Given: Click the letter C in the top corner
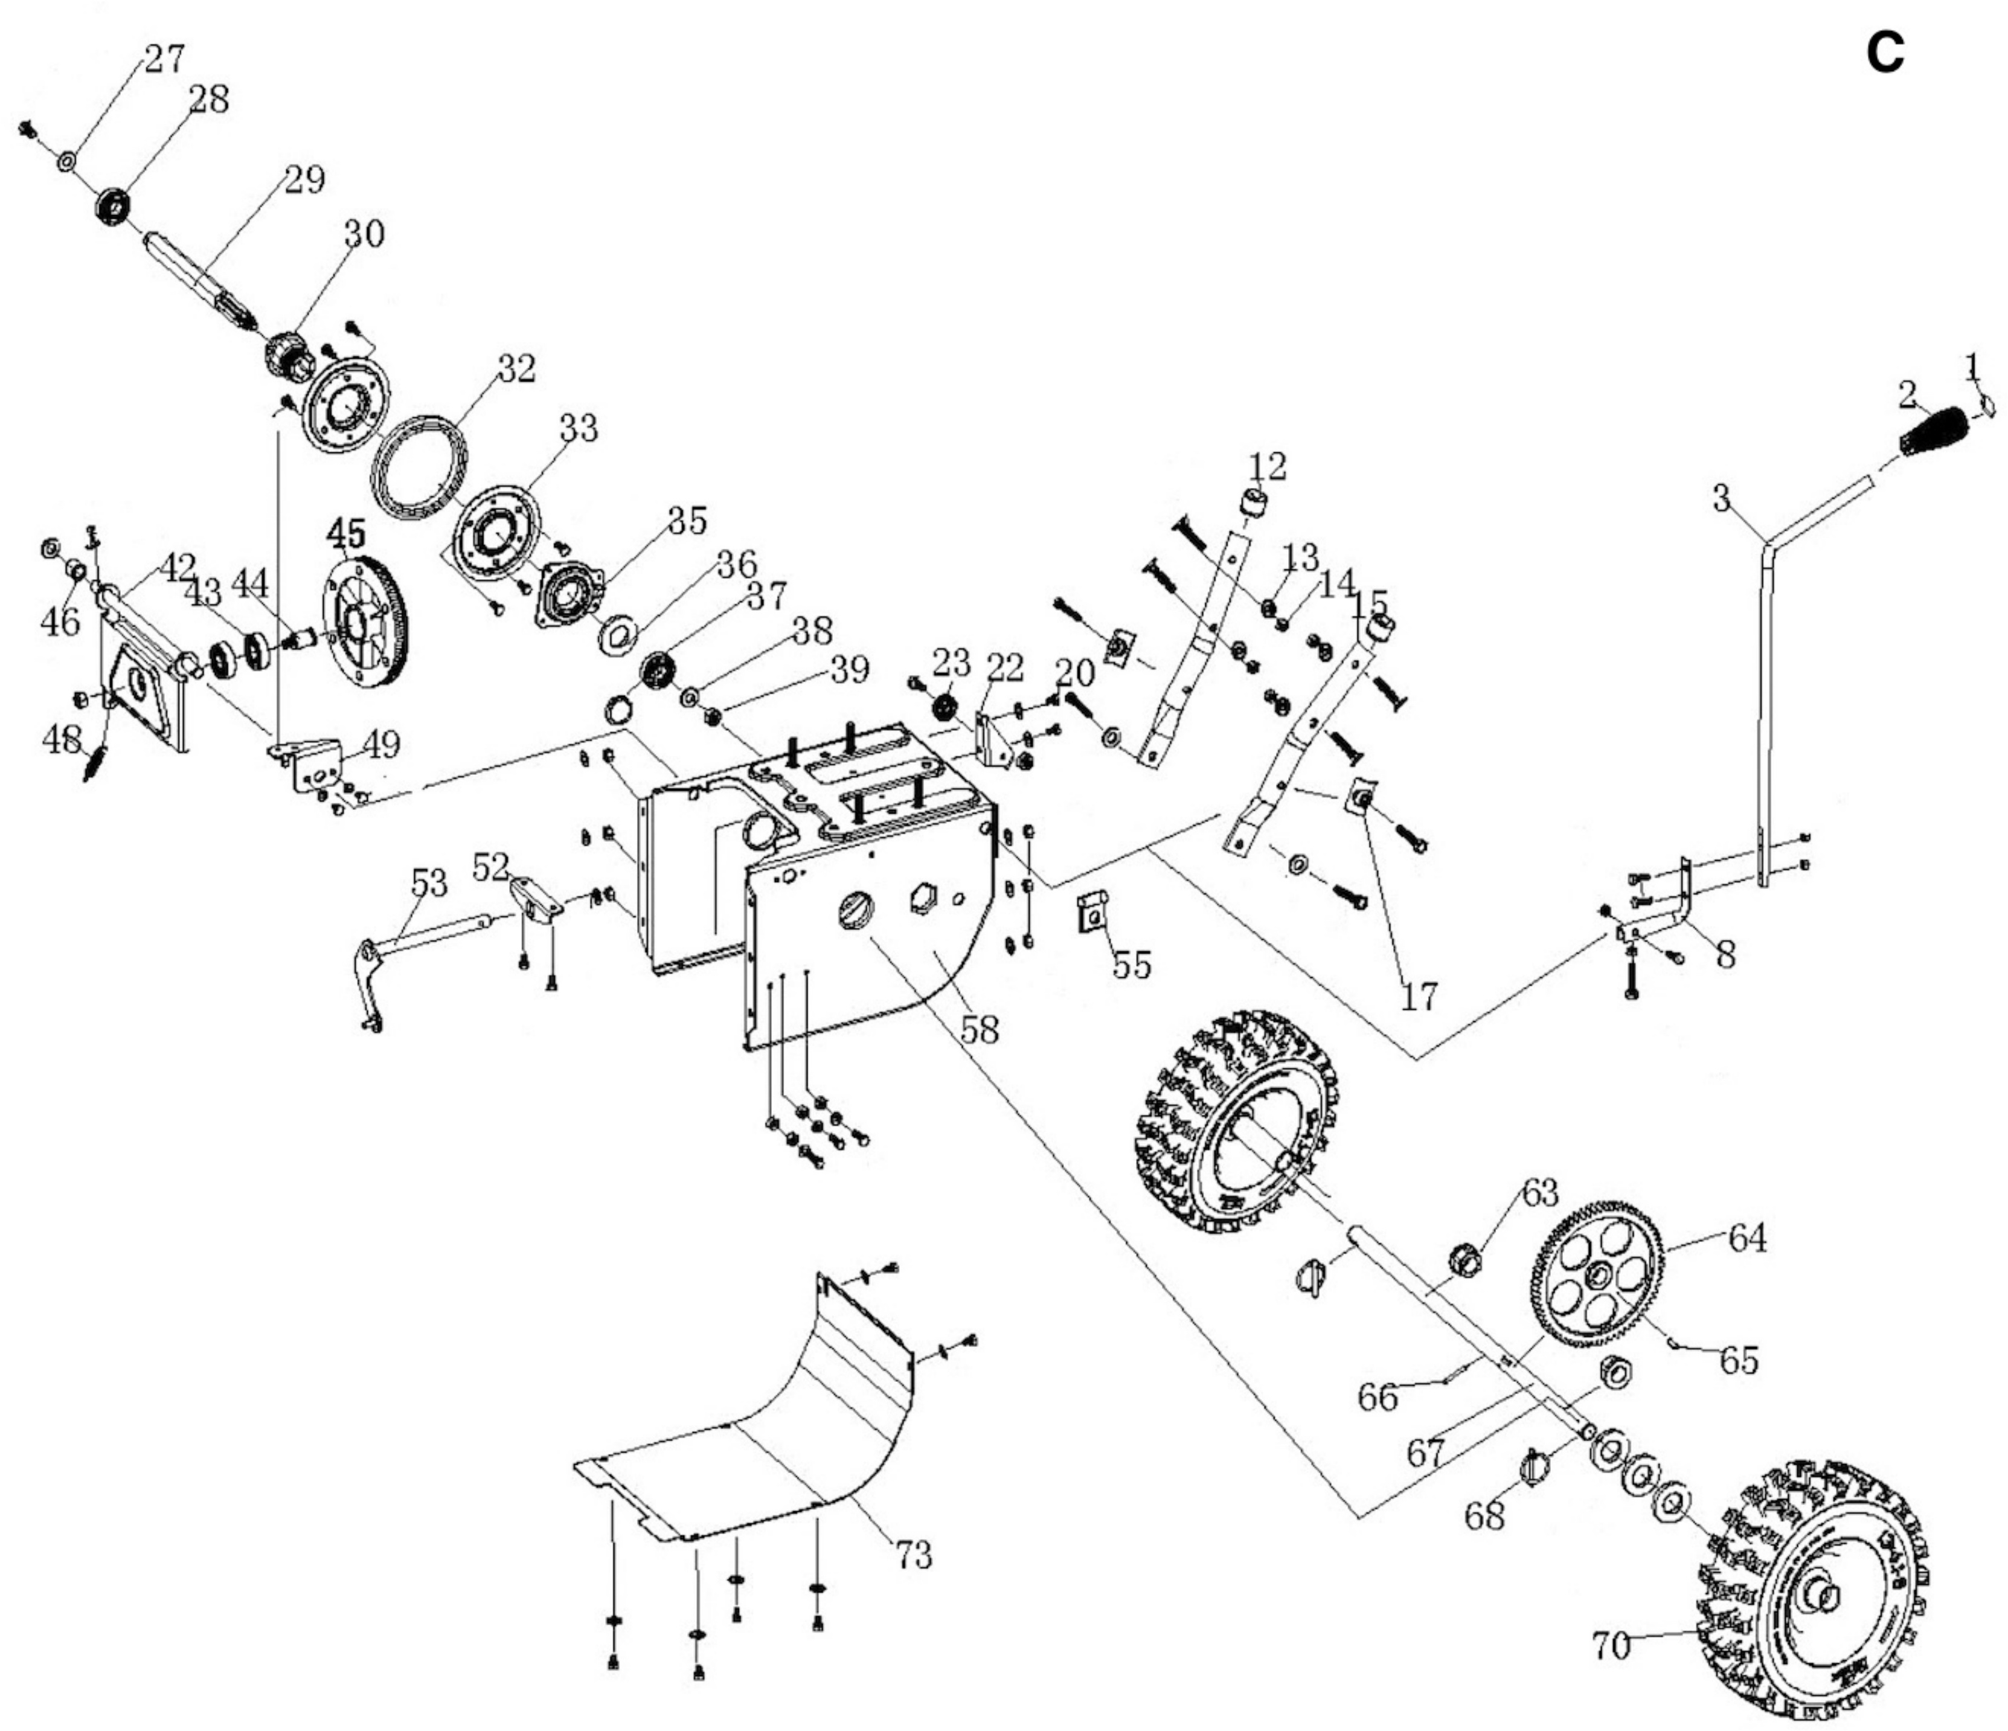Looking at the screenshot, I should [1884, 55].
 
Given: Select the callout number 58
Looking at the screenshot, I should [979, 1029].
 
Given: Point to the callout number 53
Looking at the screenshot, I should [429, 883].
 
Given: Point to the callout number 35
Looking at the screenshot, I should [687, 521].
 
